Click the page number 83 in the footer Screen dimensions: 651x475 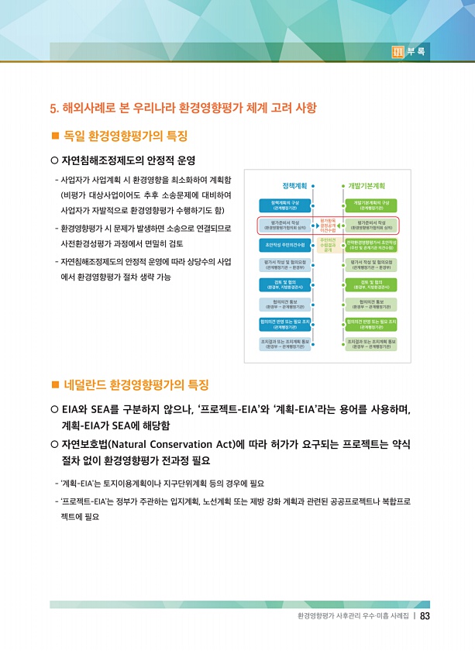pyautogui.click(x=425, y=617)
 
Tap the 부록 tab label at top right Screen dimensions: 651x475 pyautogui.click(x=416, y=52)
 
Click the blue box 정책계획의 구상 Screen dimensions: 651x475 pyautogui.click(x=284, y=205)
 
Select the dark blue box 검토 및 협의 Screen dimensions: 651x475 pyautogui.click(x=284, y=284)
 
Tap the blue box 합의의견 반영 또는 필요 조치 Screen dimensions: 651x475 pyautogui.click(x=284, y=323)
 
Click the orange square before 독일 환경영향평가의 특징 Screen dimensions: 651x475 pyautogui.click(x=55, y=136)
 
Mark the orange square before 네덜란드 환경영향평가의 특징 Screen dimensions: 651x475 pyautogui.click(x=55, y=384)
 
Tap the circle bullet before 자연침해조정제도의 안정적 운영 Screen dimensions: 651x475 pyautogui.click(x=54, y=161)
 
